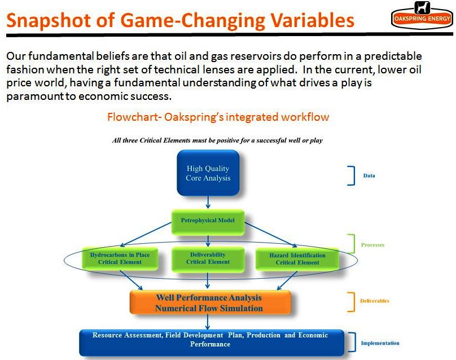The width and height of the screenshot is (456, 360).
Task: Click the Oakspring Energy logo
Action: pos(422,15)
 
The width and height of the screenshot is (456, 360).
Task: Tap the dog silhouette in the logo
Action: pos(422,7)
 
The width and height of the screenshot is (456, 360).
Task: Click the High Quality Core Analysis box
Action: pos(208,173)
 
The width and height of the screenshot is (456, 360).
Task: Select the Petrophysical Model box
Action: pos(208,222)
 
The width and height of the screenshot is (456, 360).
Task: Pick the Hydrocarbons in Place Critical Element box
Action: pos(120,258)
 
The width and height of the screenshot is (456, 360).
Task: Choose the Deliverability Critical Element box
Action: pos(208,259)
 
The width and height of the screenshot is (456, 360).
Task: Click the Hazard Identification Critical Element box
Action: pos(297,259)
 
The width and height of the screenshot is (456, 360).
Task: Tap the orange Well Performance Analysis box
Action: pos(210,302)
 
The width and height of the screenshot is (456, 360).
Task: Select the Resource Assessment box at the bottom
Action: pos(212,343)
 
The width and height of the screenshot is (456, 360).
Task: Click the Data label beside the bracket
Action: pos(369,175)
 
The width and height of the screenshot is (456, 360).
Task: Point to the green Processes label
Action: pos(372,245)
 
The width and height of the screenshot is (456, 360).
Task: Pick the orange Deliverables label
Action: pos(375,301)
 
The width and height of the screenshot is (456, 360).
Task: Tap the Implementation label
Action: pos(380,343)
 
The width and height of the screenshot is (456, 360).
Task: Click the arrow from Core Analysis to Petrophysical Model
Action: pos(208,202)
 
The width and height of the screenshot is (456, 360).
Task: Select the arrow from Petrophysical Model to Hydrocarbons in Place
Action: pos(146,234)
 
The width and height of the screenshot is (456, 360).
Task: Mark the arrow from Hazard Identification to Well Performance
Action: pos(287,280)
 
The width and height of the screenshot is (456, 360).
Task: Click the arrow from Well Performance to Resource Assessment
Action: pos(207,322)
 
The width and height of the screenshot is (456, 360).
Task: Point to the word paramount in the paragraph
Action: pos(35,96)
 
